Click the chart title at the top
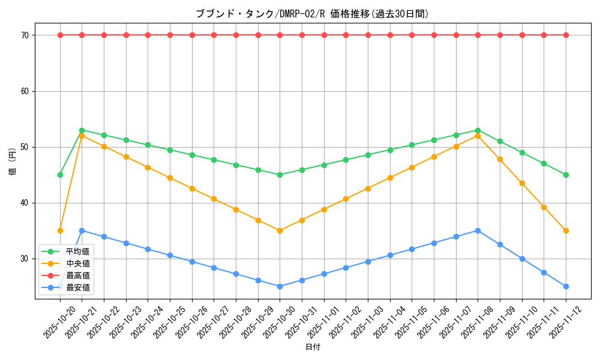(313, 14)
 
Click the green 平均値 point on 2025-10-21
(82, 130)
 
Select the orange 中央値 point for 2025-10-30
(280, 230)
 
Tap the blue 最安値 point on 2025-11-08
(478, 230)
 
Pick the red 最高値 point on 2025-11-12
(566, 35)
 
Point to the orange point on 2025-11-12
(566, 230)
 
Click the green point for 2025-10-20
(60, 175)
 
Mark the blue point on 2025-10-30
(280, 286)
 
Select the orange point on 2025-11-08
(478, 136)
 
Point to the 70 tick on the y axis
(25, 35)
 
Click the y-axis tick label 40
(25, 203)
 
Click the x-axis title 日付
(313, 347)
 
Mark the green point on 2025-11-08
(478, 130)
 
